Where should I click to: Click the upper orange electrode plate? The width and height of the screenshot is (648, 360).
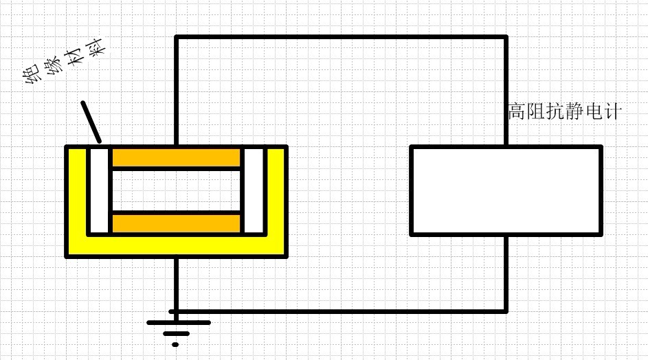point(176,158)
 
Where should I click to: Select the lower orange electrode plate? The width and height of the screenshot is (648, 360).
point(176,223)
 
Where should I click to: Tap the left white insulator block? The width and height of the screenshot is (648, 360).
point(99,190)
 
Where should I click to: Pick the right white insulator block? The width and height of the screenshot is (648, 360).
point(254,190)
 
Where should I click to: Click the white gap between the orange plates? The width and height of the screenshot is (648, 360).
point(176,190)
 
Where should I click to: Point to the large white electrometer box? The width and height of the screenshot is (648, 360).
point(506,190)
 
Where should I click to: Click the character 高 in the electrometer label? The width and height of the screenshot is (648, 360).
point(517,111)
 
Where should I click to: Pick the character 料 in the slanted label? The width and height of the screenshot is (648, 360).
point(94,47)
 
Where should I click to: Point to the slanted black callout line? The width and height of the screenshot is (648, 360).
point(91,122)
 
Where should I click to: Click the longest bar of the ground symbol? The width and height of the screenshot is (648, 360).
point(179,322)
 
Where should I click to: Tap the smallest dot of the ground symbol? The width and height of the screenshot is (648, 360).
point(175,344)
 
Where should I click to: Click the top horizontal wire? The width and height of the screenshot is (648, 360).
point(341,37)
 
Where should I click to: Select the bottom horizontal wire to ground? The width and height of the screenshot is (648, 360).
point(338,311)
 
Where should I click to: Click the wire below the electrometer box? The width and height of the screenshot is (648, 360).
point(506,273)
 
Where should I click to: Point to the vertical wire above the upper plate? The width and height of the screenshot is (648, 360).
point(177,91)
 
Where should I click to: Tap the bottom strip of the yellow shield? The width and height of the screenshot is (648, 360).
point(176,246)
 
